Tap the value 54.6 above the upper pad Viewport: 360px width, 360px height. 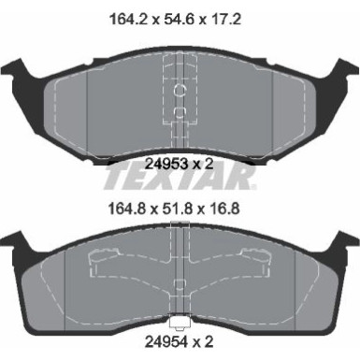[180, 16]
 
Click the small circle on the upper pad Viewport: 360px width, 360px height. [180, 91]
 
